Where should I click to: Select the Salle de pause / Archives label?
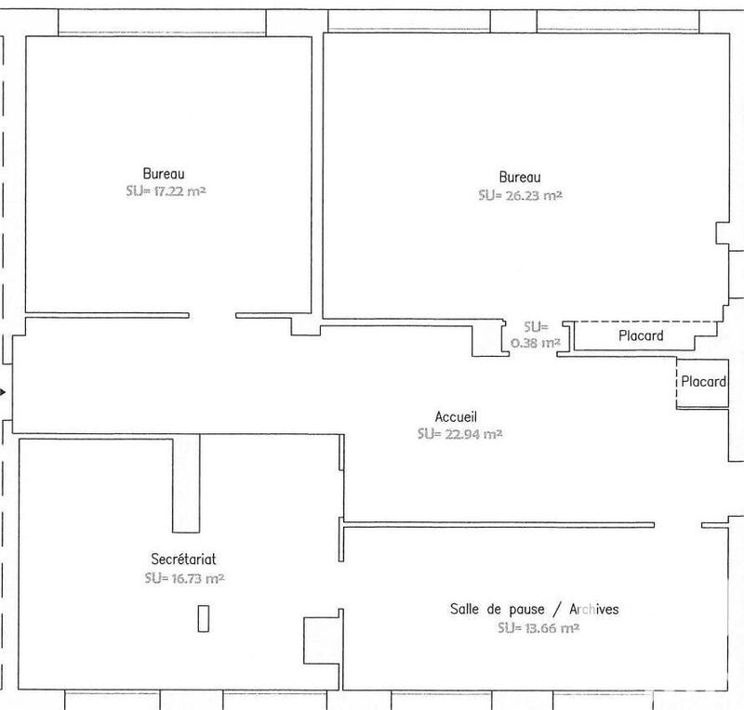pyautogui.click(x=534, y=610)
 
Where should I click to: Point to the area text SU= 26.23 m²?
pyautogui.click(x=520, y=196)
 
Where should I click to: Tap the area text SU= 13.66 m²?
pyautogui.click(x=538, y=628)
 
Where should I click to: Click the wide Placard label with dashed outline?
pyautogui.click(x=641, y=335)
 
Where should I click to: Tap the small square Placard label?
pyautogui.click(x=703, y=382)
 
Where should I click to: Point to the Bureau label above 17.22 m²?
pyautogui.click(x=164, y=173)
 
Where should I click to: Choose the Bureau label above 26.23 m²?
pyautogui.click(x=520, y=177)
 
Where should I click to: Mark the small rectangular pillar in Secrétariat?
pyautogui.click(x=203, y=618)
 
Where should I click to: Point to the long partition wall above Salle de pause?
pyautogui.click(x=498, y=523)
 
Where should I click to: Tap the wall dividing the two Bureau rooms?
pyautogui.click(x=316, y=177)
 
